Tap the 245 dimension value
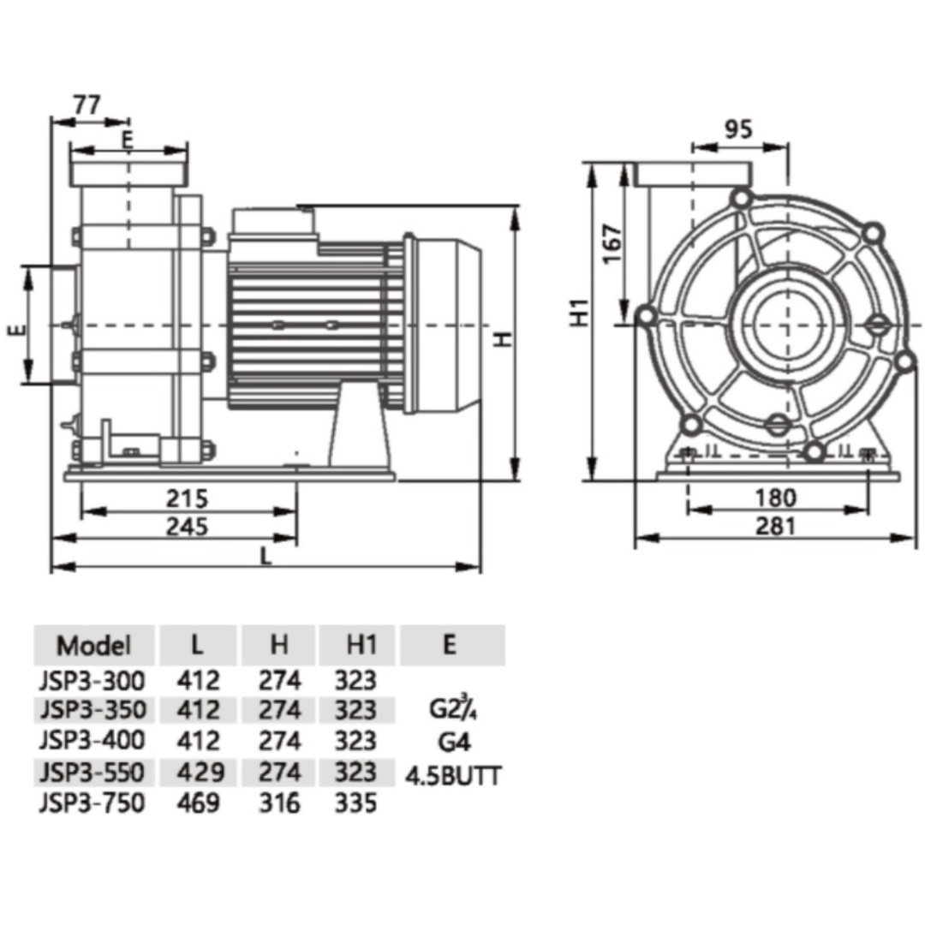(x=187, y=526)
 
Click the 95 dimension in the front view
(x=738, y=129)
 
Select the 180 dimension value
(x=777, y=497)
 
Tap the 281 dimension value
(x=777, y=525)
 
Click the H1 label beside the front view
(x=582, y=313)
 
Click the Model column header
(x=93, y=645)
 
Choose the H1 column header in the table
(x=356, y=645)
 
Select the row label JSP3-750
(x=92, y=803)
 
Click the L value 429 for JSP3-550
(x=200, y=772)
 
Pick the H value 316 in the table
(x=280, y=803)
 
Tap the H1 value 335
(x=356, y=803)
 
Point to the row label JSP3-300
(x=92, y=681)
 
